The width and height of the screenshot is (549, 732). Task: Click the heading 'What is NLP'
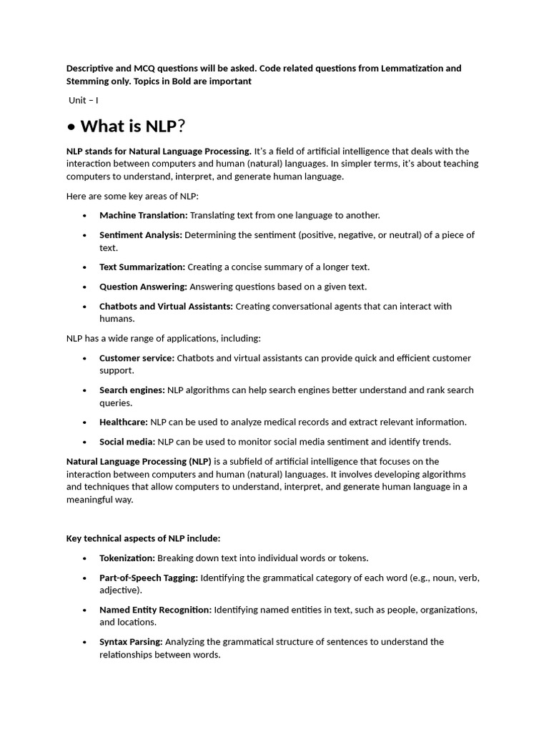pos(128,127)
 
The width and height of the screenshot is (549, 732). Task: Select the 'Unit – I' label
pos(84,100)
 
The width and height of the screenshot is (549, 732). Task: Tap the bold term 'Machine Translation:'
pos(143,215)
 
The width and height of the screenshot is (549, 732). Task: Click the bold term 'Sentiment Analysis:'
pos(141,234)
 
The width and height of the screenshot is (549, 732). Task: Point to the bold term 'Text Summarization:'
pos(142,267)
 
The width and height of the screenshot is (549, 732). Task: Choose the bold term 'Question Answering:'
pos(143,287)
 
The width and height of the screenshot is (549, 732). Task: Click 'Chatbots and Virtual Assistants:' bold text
pos(166,306)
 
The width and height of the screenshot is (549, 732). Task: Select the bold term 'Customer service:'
pos(137,357)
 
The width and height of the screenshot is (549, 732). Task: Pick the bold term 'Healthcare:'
pos(124,422)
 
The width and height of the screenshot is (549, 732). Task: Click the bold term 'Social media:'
pos(127,442)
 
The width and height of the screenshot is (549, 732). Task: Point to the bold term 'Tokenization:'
pos(127,558)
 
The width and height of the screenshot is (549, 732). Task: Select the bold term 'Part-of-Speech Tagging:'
pos(149,577)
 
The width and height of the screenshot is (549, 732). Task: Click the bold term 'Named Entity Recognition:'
pos(155,610)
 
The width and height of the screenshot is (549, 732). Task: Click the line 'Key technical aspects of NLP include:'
pos(143,538)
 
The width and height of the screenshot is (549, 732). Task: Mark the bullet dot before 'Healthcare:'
pos(84,422)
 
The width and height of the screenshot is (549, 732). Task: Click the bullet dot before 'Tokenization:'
pos(84,558)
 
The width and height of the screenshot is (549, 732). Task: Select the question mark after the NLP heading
pos(182,127)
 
